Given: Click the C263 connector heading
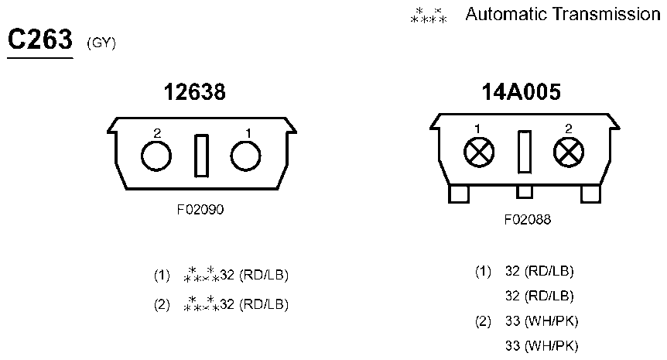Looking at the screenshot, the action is (x=40, y=39).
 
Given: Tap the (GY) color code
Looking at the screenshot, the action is (x=101, y=43).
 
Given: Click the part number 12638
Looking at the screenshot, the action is (x=195, y=92).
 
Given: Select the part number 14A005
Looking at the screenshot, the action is (x=521, y=92).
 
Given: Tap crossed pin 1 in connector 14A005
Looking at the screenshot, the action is (x=479, y=153).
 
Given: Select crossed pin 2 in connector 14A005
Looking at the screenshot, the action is (x=569, y=153).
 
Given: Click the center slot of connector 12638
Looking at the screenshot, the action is (x=201, y=156).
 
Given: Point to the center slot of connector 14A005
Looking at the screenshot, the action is (x=525, y=152).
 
